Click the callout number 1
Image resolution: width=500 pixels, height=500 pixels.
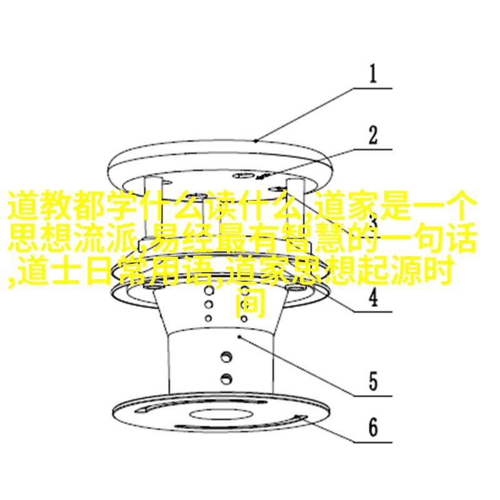pyautogui.click(x=373, y=74)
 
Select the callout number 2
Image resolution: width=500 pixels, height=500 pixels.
pyautogui.click(x=372, y=135)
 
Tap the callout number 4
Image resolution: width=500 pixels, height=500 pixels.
pyautogui.click(x=373, y=297)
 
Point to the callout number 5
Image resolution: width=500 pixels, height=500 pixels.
pyautogui.click(x=373, y=381)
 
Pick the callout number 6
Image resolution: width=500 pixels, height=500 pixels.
pyautogui.click(x=373, y=427)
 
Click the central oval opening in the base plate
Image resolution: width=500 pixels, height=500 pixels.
pyautogui.click(x=221, y=414)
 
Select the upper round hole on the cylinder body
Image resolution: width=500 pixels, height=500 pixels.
pyautogui.click(x=226, y=356)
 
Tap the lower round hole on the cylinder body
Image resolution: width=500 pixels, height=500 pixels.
pyautogui.click(x=226, y=379)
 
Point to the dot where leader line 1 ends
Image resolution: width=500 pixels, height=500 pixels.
pyautogui.click(x=256, y=140)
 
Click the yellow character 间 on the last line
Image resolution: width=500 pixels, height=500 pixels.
pyautogui.click(x=251, y=303)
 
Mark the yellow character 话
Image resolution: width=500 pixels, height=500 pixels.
pyautogui.click(x=461, y=239)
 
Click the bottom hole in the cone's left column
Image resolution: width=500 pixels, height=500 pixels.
pyautogui.click(x=209, y=318)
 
